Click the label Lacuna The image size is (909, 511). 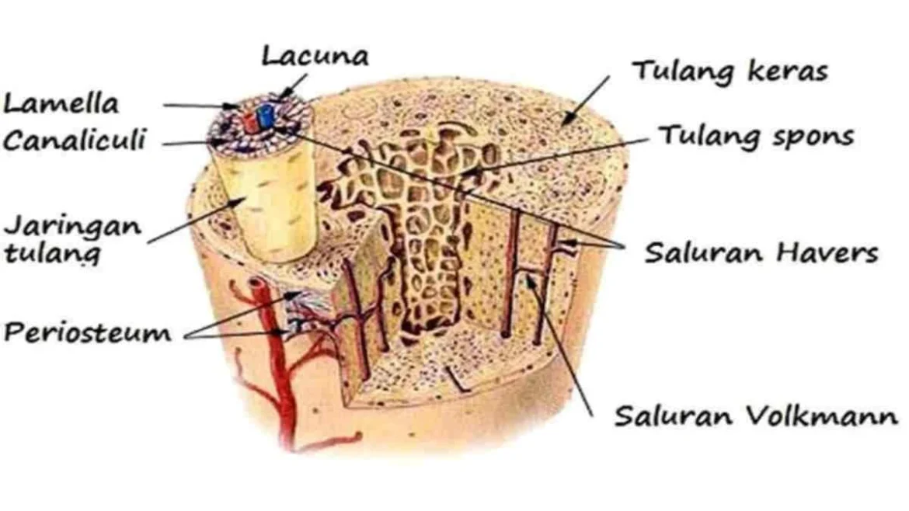(315, 56)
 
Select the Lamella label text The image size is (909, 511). (61, 103)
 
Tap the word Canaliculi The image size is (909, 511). (74, 141)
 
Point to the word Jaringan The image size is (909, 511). (72, 227)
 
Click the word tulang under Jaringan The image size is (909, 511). (52, 252)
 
